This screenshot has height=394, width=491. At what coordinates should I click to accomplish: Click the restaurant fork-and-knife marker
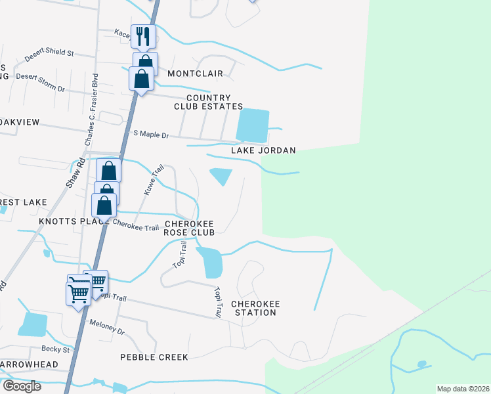tap(143, 36)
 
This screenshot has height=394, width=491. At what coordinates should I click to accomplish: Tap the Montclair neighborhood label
tap(195, 74)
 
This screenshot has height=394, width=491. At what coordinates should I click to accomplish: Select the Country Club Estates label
tap(208, 102)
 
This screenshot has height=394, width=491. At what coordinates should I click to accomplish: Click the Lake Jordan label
tap(263, 150)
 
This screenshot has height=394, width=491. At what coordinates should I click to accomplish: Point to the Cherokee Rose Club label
tap(194, 228)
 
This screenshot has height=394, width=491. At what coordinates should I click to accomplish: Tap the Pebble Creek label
tap(154, 357)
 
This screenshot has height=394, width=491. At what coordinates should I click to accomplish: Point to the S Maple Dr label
tap(151, 135)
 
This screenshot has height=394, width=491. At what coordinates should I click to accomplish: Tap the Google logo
tap(22, 386)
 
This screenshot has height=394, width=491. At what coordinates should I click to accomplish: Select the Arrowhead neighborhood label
tap(30, 364)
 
